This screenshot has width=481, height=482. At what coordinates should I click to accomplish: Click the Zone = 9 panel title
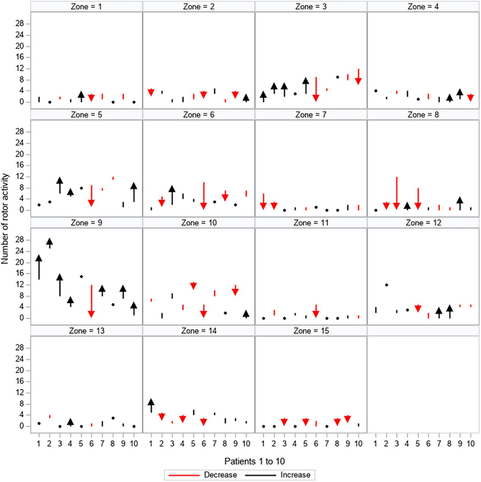click(x=86, y=223)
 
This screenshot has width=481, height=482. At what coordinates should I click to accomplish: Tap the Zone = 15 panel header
click(x=311, y=331)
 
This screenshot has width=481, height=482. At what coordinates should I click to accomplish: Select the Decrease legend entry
click(x=220, y=475)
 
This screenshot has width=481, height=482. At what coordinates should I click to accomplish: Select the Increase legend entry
click(x=295, y=475)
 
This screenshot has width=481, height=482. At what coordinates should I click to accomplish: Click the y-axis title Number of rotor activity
click(x=5, y=218)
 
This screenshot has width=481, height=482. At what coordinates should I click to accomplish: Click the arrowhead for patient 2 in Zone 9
click(x=49, y=242)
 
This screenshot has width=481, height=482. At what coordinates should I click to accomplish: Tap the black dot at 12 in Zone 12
click(x=386, y=285)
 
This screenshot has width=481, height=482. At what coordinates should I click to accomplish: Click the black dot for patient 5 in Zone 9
click(x=81, y=276)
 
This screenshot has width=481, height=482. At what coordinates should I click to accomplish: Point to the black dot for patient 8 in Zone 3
click(x=338, y=77)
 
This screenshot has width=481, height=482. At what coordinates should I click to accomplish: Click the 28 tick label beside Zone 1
click(x=20, y=24)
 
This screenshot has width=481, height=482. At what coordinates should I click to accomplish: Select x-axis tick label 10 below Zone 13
click(x=134, y=443)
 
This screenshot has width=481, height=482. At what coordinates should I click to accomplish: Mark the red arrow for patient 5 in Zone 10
click(x=193, y=286)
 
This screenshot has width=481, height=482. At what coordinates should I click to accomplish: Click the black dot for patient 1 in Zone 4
click(x=376, y=91)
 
